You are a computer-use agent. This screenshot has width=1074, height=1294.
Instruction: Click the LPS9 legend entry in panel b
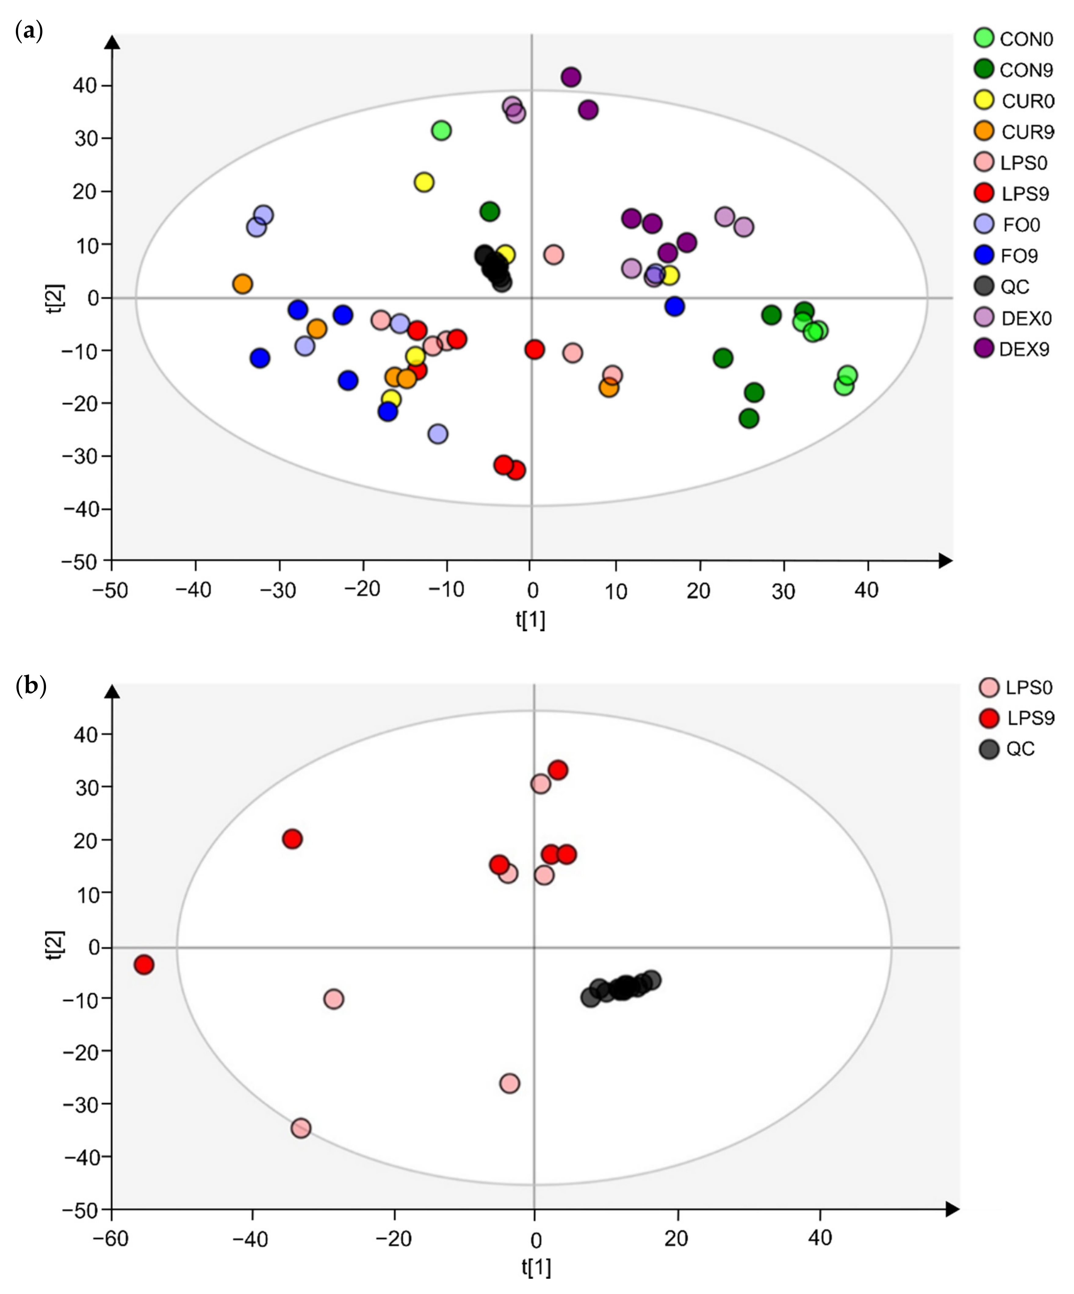(1017, 718)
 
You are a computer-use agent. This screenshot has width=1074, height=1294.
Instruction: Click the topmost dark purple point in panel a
(571, 77)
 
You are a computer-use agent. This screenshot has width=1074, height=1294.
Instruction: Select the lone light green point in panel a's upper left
(441, 131)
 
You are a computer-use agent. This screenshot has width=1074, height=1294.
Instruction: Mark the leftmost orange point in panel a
(243, 284)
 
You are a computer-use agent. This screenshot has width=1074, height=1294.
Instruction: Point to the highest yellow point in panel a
(424, 182)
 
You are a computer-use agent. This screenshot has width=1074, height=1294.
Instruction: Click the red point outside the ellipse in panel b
(144, 964)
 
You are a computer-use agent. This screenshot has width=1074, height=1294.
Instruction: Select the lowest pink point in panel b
(301, 1128)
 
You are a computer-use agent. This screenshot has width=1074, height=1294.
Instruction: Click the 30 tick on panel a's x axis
(783, 591)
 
